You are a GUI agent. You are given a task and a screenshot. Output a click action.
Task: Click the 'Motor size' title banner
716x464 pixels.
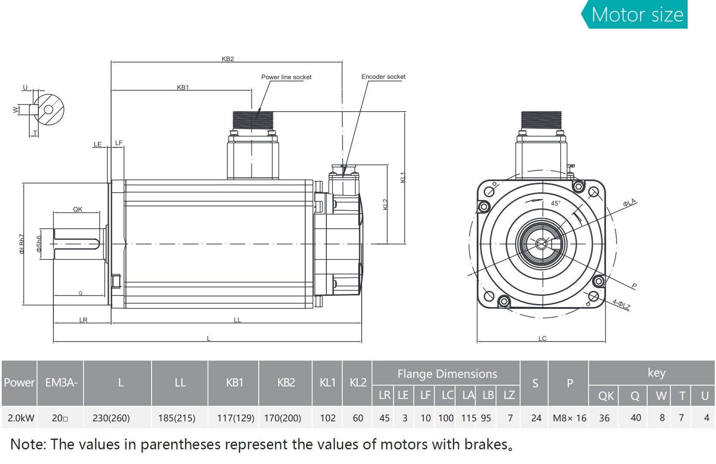point(637,15)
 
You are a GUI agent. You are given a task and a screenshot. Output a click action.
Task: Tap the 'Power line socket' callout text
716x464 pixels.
point(286,77)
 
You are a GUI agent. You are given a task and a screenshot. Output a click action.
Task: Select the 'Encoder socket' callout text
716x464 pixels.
point(383,77)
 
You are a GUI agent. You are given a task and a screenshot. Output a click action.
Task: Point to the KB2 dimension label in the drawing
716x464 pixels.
point(228,59)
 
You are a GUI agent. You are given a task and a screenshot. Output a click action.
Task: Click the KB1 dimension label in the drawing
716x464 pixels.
point(183,87)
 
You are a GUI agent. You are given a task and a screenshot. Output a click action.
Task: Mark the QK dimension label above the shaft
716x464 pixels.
point(77,209)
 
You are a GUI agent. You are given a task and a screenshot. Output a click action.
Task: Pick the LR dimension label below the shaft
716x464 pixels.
point(83,320)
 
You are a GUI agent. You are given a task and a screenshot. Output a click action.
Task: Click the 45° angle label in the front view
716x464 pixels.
point(555,203)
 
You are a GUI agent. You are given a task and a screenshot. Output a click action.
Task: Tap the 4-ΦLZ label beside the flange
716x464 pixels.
point(621,305)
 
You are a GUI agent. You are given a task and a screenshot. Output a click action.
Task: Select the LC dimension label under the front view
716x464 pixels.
point(542,339)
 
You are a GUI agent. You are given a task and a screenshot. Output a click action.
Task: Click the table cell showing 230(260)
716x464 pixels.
point(111,418)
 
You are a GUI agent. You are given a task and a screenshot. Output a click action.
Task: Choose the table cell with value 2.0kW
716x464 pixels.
point(21,418)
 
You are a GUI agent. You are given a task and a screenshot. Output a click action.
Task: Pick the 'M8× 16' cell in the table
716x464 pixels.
point(570,418)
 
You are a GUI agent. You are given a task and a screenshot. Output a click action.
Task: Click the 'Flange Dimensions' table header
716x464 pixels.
point(447,374)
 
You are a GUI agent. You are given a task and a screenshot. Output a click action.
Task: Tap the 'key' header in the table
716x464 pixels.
point(656,373)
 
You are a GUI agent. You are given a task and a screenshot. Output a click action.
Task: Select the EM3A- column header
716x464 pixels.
point(61,383)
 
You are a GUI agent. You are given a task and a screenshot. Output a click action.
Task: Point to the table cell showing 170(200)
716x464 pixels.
point(282,418)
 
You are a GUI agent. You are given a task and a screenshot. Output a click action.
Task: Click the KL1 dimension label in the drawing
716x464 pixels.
point(403,178)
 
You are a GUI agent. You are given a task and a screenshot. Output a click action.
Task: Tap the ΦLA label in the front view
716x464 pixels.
point(629,203)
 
